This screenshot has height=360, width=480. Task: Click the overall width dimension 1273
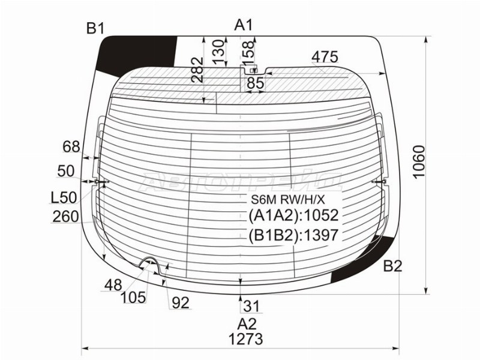(245, 339)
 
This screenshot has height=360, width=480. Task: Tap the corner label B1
(95, 28)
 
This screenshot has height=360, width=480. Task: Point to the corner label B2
(392, 266)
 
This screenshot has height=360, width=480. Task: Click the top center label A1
(244, 25)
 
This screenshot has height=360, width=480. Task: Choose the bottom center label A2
(245, 324)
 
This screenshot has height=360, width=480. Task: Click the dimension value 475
(325, 57)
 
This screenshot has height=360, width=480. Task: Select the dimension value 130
(219, 52)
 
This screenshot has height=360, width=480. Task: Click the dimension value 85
(255, 84)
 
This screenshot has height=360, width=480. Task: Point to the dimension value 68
(71, 146)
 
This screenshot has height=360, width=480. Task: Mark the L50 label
(64, 197)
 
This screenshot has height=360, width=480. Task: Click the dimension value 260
(65, 216)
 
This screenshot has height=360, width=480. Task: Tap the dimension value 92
(180, 303)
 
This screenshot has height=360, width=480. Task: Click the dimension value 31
(252, 307)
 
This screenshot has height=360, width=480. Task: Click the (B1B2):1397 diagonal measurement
(293, 236)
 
